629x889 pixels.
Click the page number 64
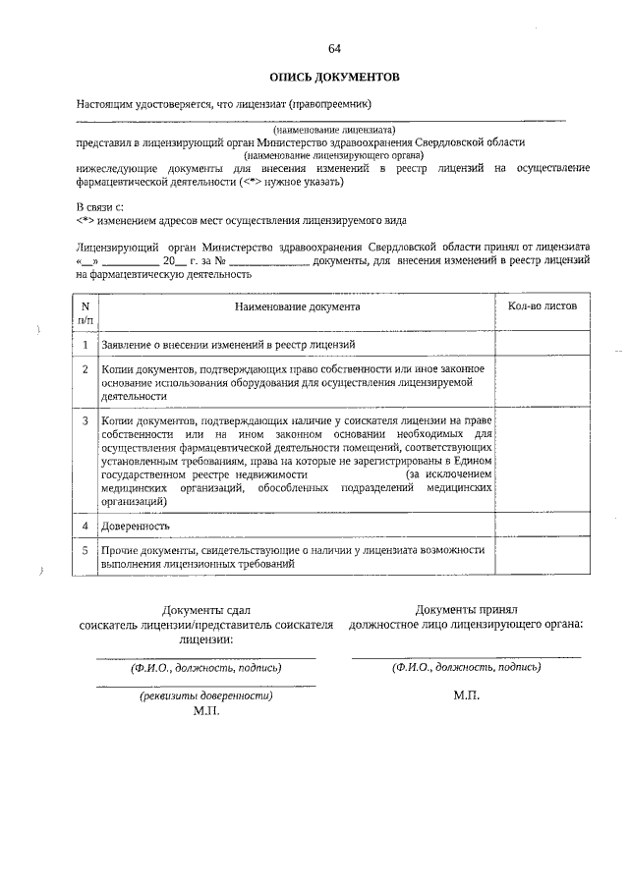click(334, 48)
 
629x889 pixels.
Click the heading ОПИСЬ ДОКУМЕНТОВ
click(334, 76)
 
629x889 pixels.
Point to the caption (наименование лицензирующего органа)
click(334, 155)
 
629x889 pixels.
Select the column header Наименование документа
click(297, 306)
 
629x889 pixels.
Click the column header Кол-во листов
click(543, 306)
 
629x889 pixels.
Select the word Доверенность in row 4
click(136, 526)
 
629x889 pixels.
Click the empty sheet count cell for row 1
click(543, 345)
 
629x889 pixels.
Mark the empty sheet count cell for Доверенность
click(543, 526)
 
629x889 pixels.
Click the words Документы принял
click(466, 610)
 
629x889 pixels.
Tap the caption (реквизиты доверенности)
click(205, 695)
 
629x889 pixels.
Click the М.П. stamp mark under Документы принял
click(466, 695)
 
